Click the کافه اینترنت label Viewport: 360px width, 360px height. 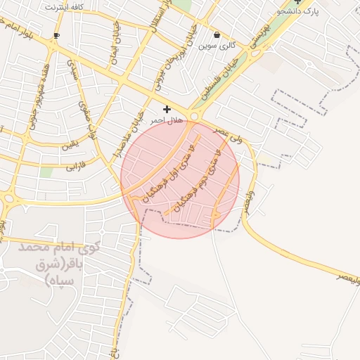coord(64,6)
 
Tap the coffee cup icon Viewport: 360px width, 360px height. coord(57,34)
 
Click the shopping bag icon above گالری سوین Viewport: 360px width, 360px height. coord(217,34)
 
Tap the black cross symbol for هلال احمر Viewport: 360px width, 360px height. coord(167,109)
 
